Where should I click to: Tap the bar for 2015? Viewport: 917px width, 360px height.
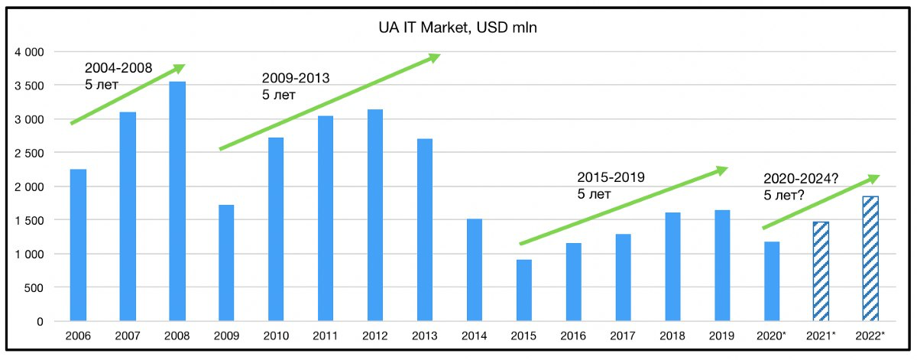tap(523, 290)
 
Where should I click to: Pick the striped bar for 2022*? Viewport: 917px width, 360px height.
tap(870, 259)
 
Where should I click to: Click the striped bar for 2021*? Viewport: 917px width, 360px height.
tap(821, 271)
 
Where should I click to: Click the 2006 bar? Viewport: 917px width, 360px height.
tap(78, 245)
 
